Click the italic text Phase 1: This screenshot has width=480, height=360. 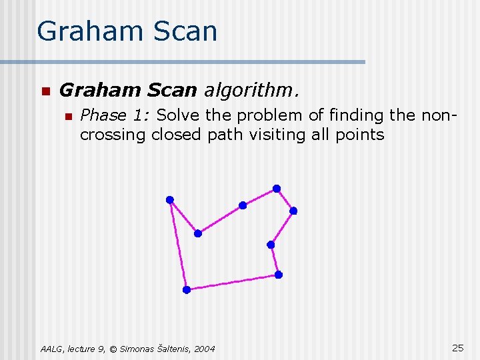tap(115, 115)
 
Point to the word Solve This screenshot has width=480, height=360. tap(178, 115)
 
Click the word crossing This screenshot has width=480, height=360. tap(113, 135)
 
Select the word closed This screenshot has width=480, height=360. tap(175, 135)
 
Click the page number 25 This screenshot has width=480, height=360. tap(458, 347)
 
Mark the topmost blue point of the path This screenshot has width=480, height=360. tap(276, 189)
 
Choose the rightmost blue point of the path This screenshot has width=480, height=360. tap(293, 211)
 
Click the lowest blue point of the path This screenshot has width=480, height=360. tap(187, 289)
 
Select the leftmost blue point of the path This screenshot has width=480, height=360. tap(170, 199)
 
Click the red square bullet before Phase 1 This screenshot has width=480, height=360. tap(67, 116)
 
